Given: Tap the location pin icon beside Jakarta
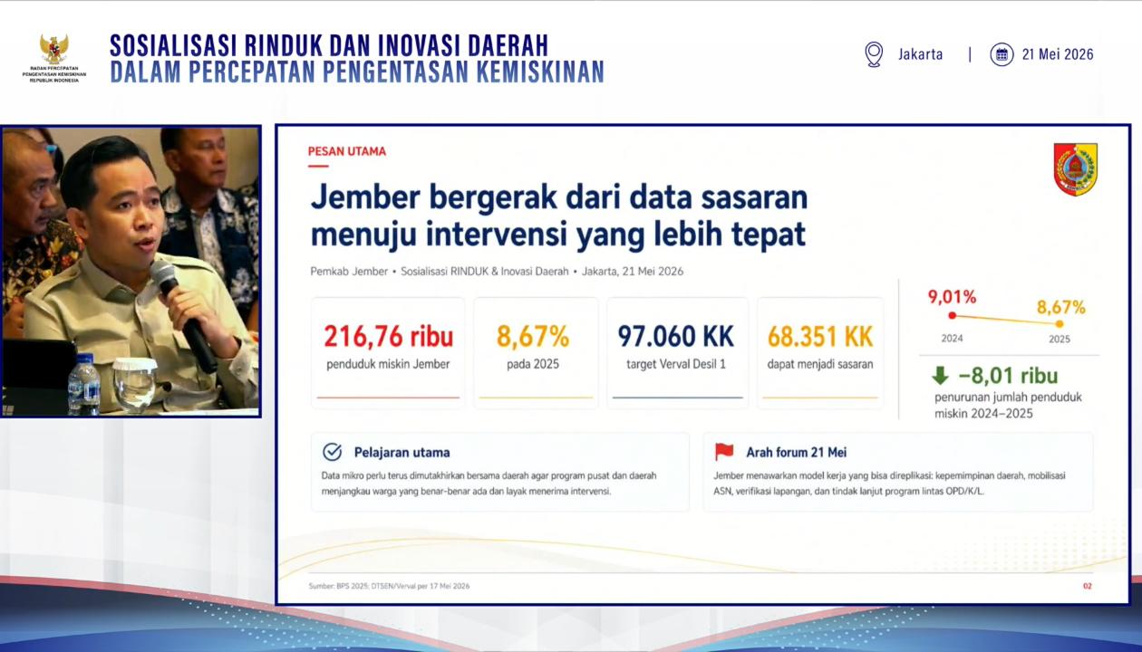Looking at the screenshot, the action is point(874,54).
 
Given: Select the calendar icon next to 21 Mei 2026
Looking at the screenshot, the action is point(1002,54).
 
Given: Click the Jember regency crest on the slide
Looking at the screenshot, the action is point(1076,169).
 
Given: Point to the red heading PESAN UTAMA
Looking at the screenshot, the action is point(346,151).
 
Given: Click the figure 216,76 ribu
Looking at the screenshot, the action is point(389,336).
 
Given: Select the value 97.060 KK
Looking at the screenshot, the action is point(675,336).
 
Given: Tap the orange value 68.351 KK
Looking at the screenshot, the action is point(819,336).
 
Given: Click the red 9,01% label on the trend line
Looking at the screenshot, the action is point(952,297).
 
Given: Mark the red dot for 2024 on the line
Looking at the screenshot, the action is point(952,316).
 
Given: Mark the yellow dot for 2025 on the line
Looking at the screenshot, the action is point(1060,324).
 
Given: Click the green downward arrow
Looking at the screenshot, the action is point(940,376).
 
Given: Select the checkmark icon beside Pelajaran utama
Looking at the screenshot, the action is point(332,452).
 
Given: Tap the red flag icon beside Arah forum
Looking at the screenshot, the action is point(724,451).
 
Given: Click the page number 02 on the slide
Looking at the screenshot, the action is point(1088,586).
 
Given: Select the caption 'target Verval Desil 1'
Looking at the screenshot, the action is point(676,364).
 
